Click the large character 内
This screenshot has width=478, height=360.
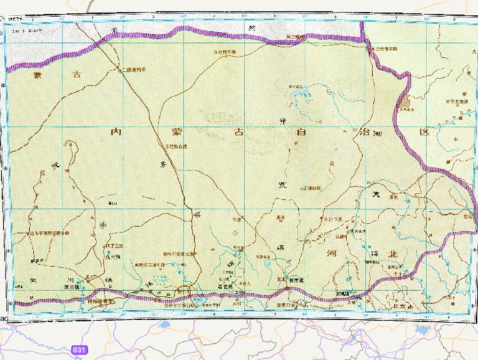pyautogui.click(x=115, y=133)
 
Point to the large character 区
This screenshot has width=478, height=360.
pyautogui.click(x=425, y=133)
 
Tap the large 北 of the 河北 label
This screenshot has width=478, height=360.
pyautogui.click(x=392, y=254)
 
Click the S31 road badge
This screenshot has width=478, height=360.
pyautogui.click(x=78, y=350)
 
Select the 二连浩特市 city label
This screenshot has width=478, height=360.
pyautogui.click(x=134, y=70)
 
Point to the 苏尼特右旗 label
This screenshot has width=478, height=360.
pyautogui.click(x=174, y=147)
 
